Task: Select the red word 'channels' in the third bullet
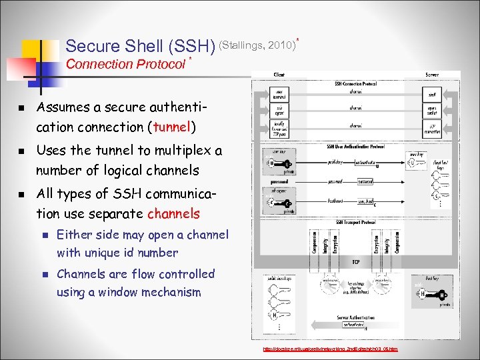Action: [x=173, y=214]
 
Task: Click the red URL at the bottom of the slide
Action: [x=331, y=349]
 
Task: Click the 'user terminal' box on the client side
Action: [x=281, y=95]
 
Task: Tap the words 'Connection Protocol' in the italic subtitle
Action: [x=126, y=64]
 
